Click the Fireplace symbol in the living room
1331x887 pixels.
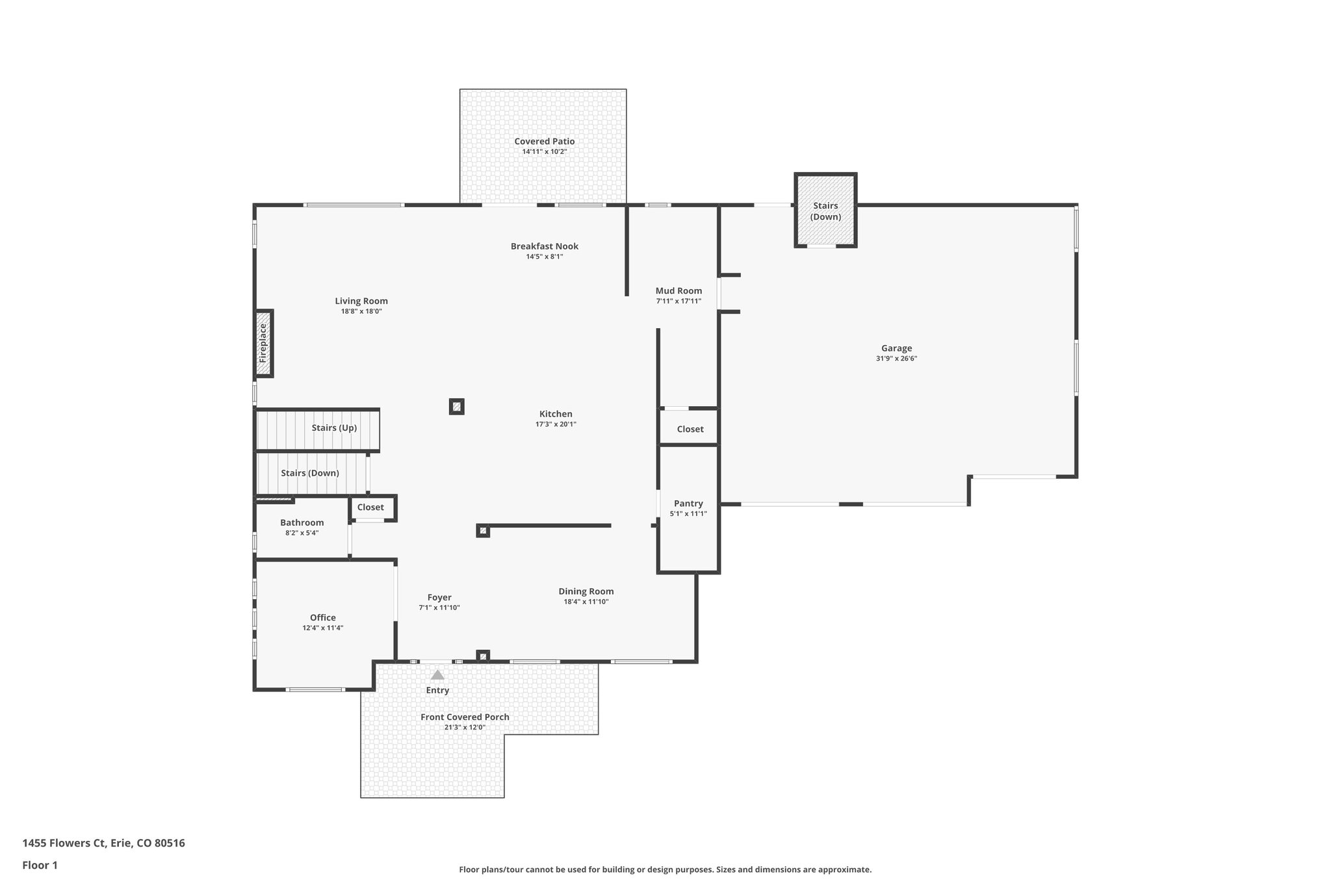click(x=263, y=343)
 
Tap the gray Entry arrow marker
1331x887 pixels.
click(x=437, y=675)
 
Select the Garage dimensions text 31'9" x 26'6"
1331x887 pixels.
click(x=896, y=359)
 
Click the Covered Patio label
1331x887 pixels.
click(x=544, y=141)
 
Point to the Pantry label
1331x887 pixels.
click(x=688, y=503)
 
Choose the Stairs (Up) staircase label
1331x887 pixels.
click(x=334, y=428)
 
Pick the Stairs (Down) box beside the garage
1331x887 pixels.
click(x=825, y=211)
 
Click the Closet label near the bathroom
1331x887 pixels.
click(x=370, y=507)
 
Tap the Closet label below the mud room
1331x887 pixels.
click(x=690, y=429)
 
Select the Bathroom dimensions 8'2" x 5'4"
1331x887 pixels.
click(x=302, y=533)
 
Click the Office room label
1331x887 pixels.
click(x=322, y=617)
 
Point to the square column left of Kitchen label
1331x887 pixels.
click(x=457, y=407)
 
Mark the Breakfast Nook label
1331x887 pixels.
click(x=544, y=246)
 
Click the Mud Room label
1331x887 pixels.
click(x=678, y=290)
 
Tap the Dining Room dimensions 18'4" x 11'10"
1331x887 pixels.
click(x=586, y=602)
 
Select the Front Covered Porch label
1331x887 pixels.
click(x=465, y=717)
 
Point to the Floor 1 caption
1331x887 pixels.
click(x=40, y=865)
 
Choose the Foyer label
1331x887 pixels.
click(x=439, y=597)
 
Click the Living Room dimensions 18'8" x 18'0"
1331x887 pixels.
click(x=361, y=311)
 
